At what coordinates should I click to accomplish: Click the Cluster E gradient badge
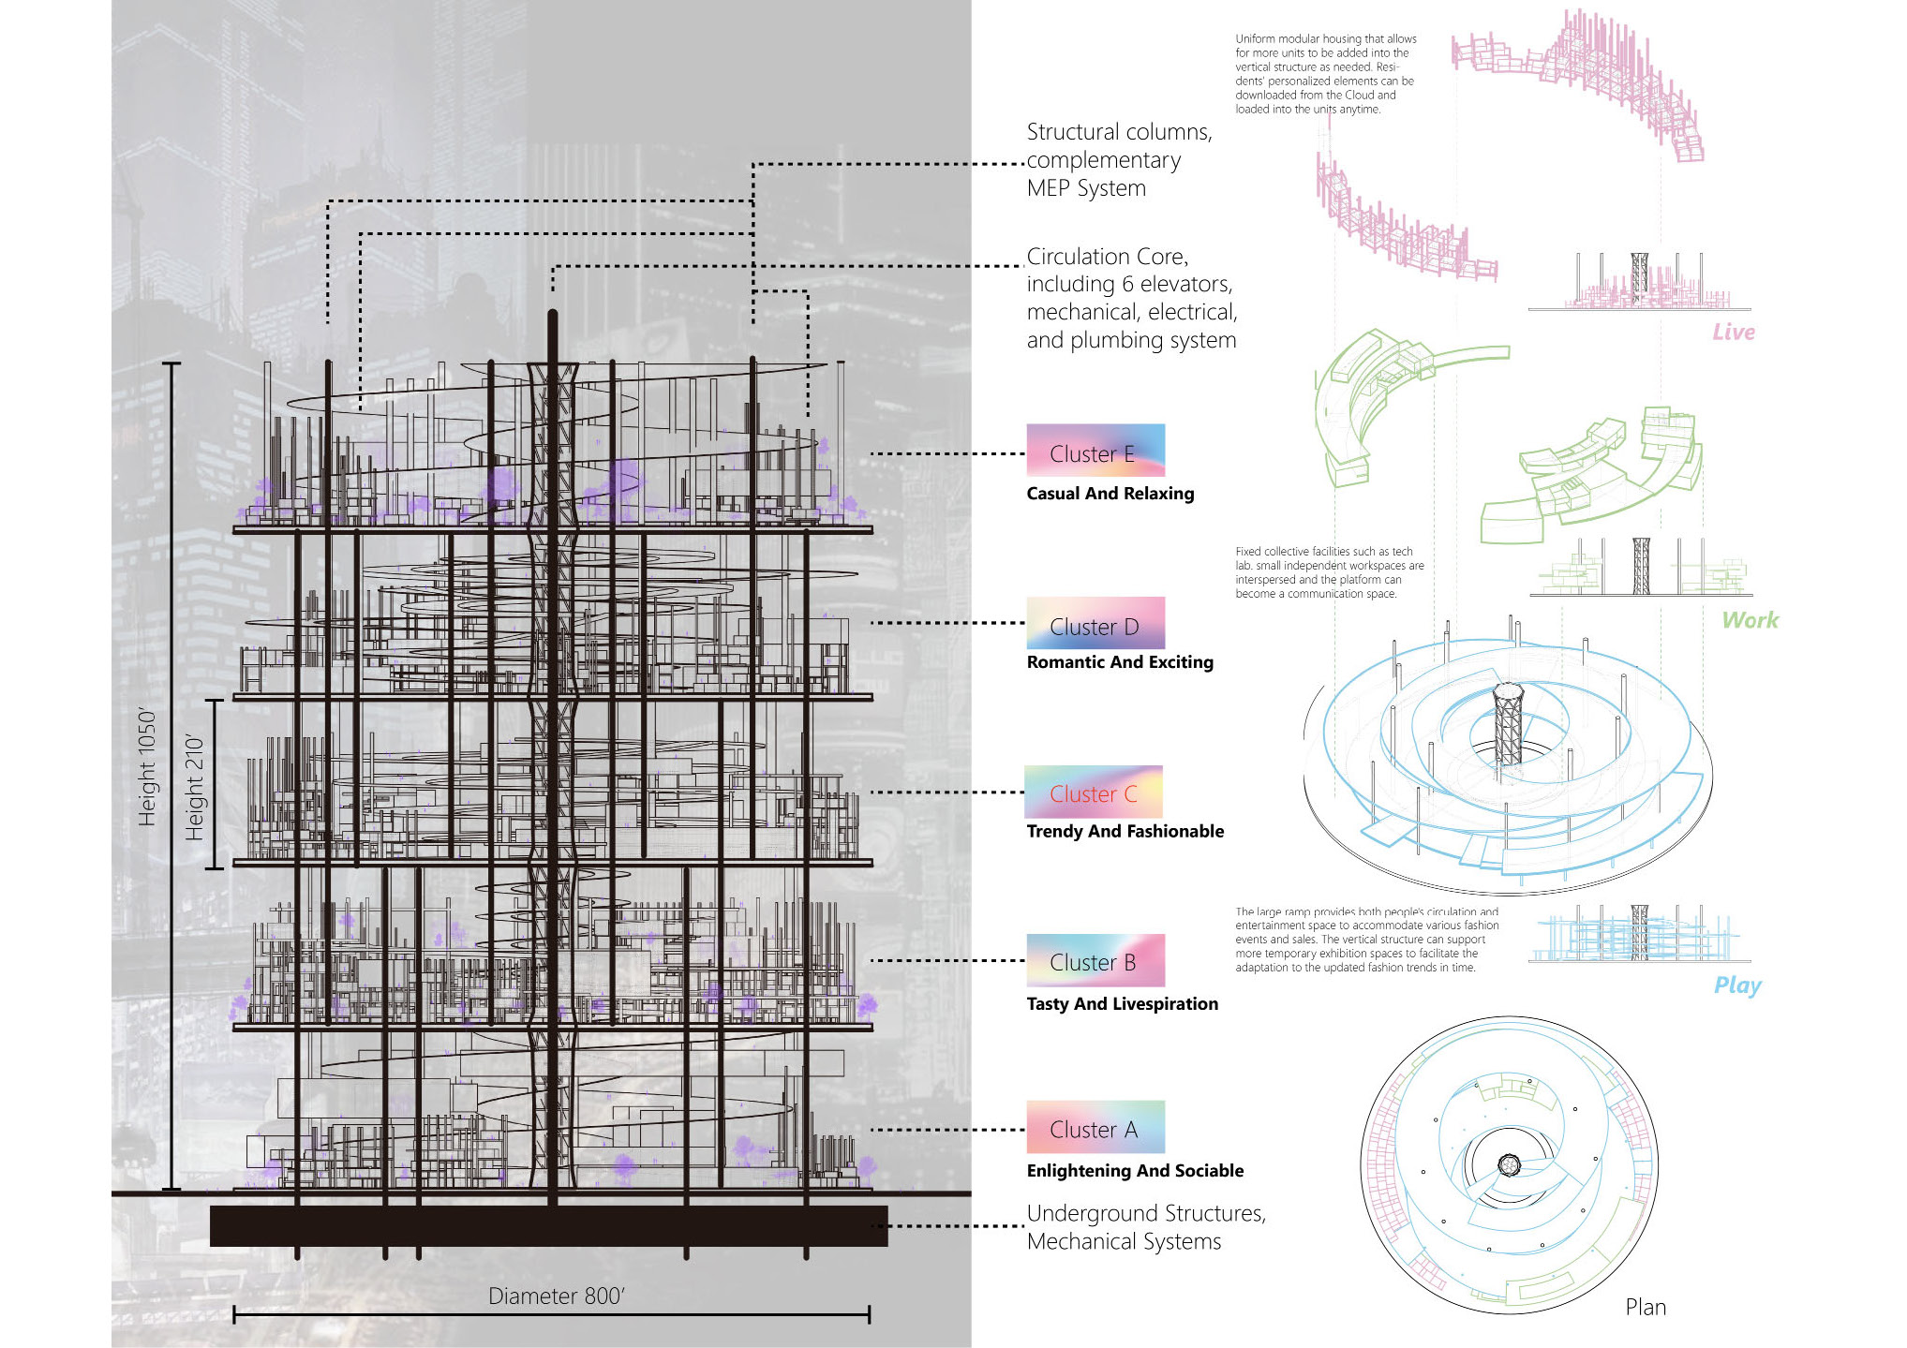[1095, 451]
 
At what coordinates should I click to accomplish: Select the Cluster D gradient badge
[1095, 623]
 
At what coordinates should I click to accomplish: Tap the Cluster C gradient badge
[1093, 793]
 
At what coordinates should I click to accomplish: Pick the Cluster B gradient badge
[1095, 960]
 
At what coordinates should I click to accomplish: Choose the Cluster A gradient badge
[1095, 1128]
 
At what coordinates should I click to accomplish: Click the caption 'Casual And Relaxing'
[1110, 494]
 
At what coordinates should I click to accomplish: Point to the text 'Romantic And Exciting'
[1119, 662]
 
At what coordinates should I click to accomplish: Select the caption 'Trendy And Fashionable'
[1125, 831]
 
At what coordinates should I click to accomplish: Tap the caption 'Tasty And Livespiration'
[1122, 1004]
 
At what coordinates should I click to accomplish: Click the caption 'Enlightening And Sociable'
[1134, 1171]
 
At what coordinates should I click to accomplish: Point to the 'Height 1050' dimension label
[147, 768]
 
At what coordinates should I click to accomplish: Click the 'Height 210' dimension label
[194, 787]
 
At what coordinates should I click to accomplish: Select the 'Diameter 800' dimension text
[556, 1296]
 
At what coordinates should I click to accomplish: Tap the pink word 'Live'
[1733, 333]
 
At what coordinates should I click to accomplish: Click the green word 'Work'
[1750, 620]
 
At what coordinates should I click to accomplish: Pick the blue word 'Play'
[1736, 985]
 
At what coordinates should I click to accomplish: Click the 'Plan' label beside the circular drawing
[1645, 1308]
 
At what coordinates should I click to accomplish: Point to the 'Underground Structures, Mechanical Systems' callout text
[1145, 1227]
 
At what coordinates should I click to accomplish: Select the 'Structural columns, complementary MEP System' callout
[1118, 160]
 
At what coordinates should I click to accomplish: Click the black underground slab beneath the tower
[548, 1226]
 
